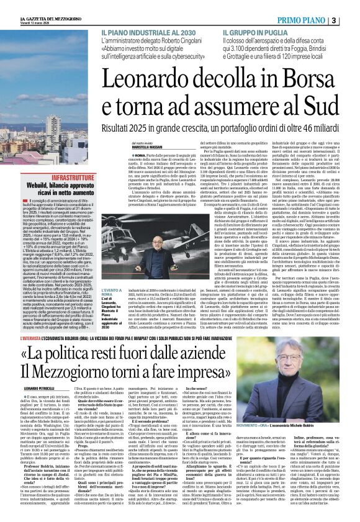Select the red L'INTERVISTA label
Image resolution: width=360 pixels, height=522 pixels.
coord(18,339)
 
